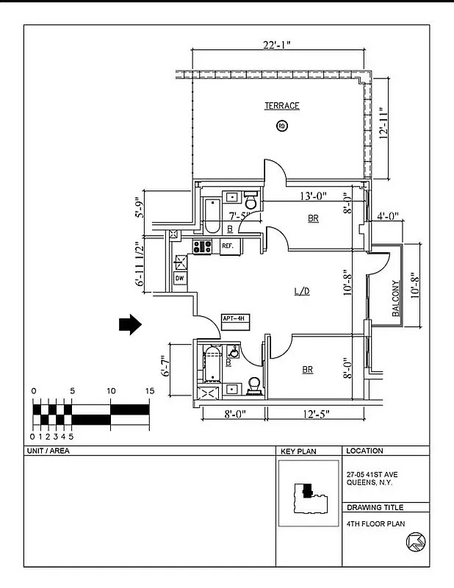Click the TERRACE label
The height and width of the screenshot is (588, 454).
pos(282,106)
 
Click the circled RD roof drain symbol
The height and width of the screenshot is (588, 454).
pos(281,126)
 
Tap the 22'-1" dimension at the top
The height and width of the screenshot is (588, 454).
pos(277,45)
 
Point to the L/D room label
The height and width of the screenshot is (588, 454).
pos(302,292)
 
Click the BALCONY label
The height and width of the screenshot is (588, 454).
pos(395,298)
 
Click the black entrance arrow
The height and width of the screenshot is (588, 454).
pos(130,324)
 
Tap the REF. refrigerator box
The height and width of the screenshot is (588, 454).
pos(228,246)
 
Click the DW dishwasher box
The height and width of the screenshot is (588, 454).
pos(179,279)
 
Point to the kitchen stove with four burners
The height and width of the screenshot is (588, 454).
pos(202,247)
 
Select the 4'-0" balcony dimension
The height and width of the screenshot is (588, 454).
pos(387,216)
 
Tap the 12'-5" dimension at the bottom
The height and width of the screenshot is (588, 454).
pos(315,414)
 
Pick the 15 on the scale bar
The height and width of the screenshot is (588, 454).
pos(150,391)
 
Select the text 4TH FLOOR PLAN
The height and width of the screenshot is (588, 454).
pos(375,524)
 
